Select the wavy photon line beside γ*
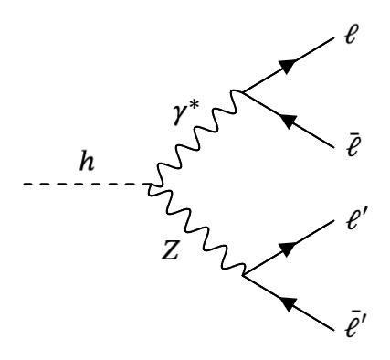195,136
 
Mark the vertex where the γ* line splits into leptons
241,90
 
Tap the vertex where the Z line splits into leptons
241,275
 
